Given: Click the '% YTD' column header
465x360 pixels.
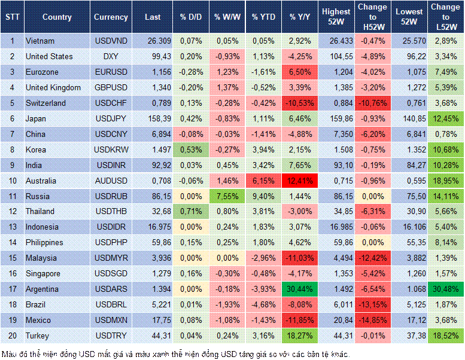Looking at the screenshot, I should (x=263, y=17).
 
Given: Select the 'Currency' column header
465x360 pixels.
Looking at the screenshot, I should (x=111, y=17).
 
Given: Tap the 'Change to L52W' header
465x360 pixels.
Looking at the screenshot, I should (x=446, y=17).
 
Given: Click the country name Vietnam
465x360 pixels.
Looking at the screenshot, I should (x=40, y=41).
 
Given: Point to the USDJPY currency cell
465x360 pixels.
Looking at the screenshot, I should (x=111, y=118).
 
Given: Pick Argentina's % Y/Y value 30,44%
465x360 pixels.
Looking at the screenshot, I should (x=302, y=289).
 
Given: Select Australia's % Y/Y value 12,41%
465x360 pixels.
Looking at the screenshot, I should (x=302, y=181).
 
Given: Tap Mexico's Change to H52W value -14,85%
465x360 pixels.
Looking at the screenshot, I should (x=372, y=320).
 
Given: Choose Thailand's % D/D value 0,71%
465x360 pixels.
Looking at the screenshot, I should (x=190, y=212).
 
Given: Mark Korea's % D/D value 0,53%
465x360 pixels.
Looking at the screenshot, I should (x=190, y=150).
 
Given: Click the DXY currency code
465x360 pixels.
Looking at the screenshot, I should (x=111, y=56).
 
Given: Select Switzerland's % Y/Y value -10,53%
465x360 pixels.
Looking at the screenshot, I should (x=302, y=103).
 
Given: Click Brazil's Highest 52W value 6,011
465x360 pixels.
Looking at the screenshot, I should (x=336, y=304).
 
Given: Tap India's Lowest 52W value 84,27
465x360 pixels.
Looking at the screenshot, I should (x=410, y=165).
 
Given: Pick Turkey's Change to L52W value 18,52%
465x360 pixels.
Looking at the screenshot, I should (x=446, y=335).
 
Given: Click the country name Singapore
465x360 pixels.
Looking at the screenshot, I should (x=43, y=273).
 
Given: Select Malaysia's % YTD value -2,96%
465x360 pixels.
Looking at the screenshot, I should (x=263, y=258).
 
